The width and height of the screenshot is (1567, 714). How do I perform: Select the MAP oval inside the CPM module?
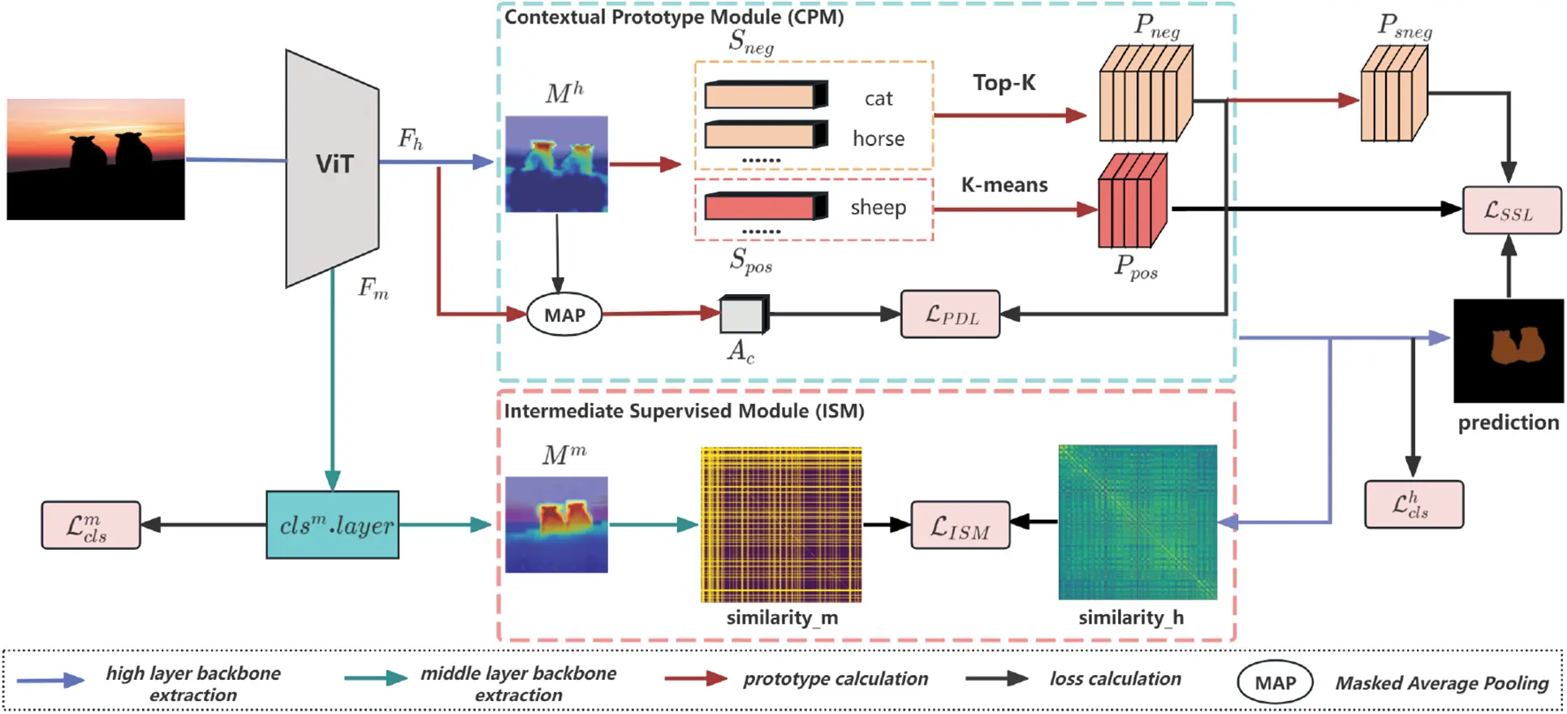coord(564,315)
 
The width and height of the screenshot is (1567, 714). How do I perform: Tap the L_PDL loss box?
coord(950,314)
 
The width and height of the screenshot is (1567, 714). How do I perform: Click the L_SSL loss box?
coord(1510,211)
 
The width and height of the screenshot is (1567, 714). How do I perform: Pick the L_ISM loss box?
coord(960,526)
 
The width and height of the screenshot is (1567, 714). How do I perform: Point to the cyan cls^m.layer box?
coord(333,525)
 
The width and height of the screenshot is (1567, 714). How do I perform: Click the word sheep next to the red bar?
coord(878,208)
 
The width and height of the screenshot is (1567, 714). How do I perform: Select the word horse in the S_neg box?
coord(878,139)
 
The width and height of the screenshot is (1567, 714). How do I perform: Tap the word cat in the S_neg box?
coord(878,99)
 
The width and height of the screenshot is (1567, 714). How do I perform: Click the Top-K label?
coord(1004,83)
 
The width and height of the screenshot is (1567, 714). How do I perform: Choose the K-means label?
coord(1004,185)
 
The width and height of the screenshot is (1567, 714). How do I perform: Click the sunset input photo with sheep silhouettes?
coord(96,159)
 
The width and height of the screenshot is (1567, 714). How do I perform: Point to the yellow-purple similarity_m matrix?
coord(781,525)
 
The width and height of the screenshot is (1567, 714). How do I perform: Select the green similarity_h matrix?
coord(1137,522)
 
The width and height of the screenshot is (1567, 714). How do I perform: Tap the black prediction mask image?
coord(1508,350)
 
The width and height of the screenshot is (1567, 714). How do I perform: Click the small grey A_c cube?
coord(743,315)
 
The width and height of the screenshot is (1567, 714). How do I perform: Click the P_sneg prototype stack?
coord(1393,94)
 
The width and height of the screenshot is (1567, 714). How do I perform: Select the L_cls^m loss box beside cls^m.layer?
coord(91,526)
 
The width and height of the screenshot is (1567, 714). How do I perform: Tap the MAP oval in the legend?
coord(1274,683)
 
